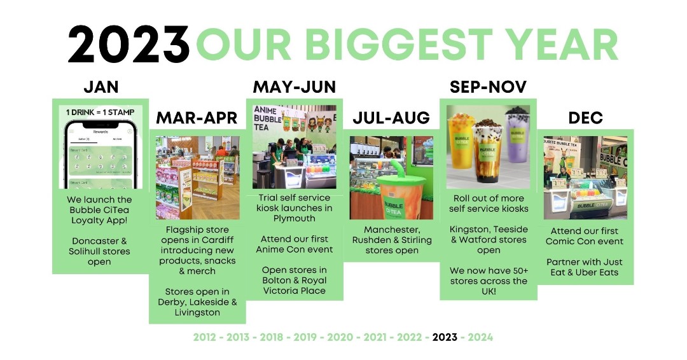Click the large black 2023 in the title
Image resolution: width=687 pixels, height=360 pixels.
pos(128,45)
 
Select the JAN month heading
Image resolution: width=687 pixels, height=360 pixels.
pos(101,87)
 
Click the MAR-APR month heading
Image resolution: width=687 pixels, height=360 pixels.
pos(197,118)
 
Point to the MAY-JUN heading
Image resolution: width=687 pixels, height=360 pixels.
pos(294,87)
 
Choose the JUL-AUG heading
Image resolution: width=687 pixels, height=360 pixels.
pos(391,118)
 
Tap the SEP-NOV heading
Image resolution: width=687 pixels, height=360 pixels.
pos(488,87)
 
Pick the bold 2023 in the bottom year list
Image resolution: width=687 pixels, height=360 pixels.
pos(445,337)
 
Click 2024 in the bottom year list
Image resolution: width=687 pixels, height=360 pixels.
pos(480,337)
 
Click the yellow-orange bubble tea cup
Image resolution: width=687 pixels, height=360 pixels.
pos(461,146)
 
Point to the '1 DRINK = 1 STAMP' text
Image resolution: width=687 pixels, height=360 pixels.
pos(101,113)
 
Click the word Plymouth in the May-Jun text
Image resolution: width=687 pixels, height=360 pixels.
pos(295,218)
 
